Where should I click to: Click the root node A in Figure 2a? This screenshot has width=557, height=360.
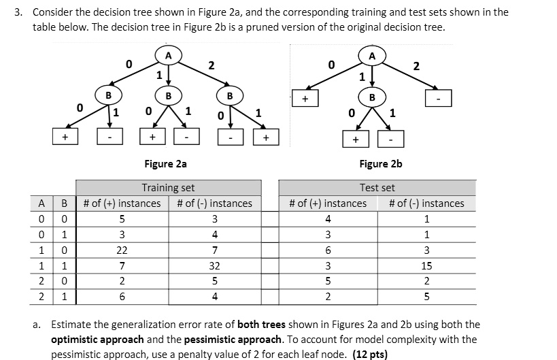click(x=168, y=54)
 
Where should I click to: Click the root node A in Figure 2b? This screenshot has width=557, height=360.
click(x=371, y=54)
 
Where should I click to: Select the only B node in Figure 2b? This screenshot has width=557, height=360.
click(x=371, y=97)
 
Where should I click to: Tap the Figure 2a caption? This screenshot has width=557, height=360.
click(x=165, y=163)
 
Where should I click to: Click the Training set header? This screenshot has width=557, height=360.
click(x=168, y=188)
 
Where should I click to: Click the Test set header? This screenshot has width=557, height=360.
click(x=377, y=188)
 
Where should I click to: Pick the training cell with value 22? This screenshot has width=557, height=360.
click(x=122, y=250)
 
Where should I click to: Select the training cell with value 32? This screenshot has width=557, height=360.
click(x=214, y=265)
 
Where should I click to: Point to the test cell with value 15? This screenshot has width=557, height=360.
click(x=426, y=265)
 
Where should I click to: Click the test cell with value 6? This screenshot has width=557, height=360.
click(x=328, y=250)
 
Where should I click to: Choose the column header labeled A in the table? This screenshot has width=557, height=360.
click(x=42, y=203)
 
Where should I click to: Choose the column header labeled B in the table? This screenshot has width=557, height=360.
click(x=65, y=203)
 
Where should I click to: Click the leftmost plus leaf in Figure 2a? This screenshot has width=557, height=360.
click(x=65, y=137)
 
